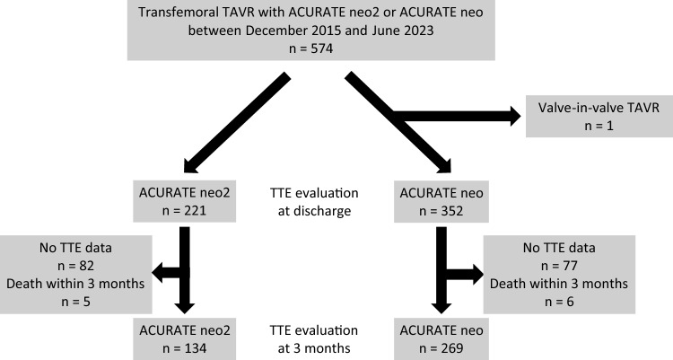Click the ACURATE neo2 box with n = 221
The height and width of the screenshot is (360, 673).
click(185, 202)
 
